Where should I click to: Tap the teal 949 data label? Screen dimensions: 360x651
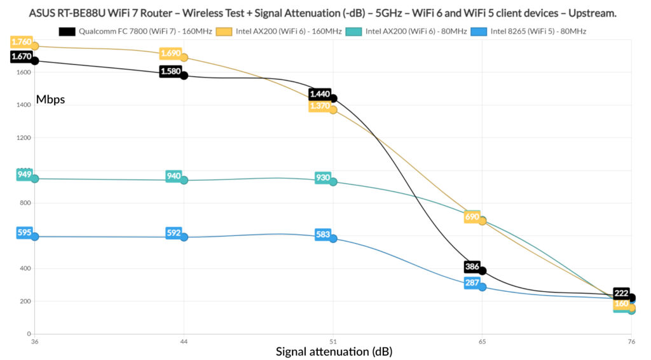click(24, 174)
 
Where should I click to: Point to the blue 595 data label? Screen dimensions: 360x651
click(24, 233)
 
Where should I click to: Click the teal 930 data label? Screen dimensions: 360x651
click(323, 177)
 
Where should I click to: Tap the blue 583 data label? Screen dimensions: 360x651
click(323, 234)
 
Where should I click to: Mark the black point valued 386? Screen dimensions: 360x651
click(483, 271)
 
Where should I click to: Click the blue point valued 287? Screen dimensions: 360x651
click(483, 287)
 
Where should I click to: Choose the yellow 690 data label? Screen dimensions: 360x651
click(472, 217)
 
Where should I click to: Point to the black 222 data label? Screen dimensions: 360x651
click(622, 293)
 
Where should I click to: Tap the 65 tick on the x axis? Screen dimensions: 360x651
click(483, 342)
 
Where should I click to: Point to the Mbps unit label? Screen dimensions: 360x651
click(50, 99)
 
